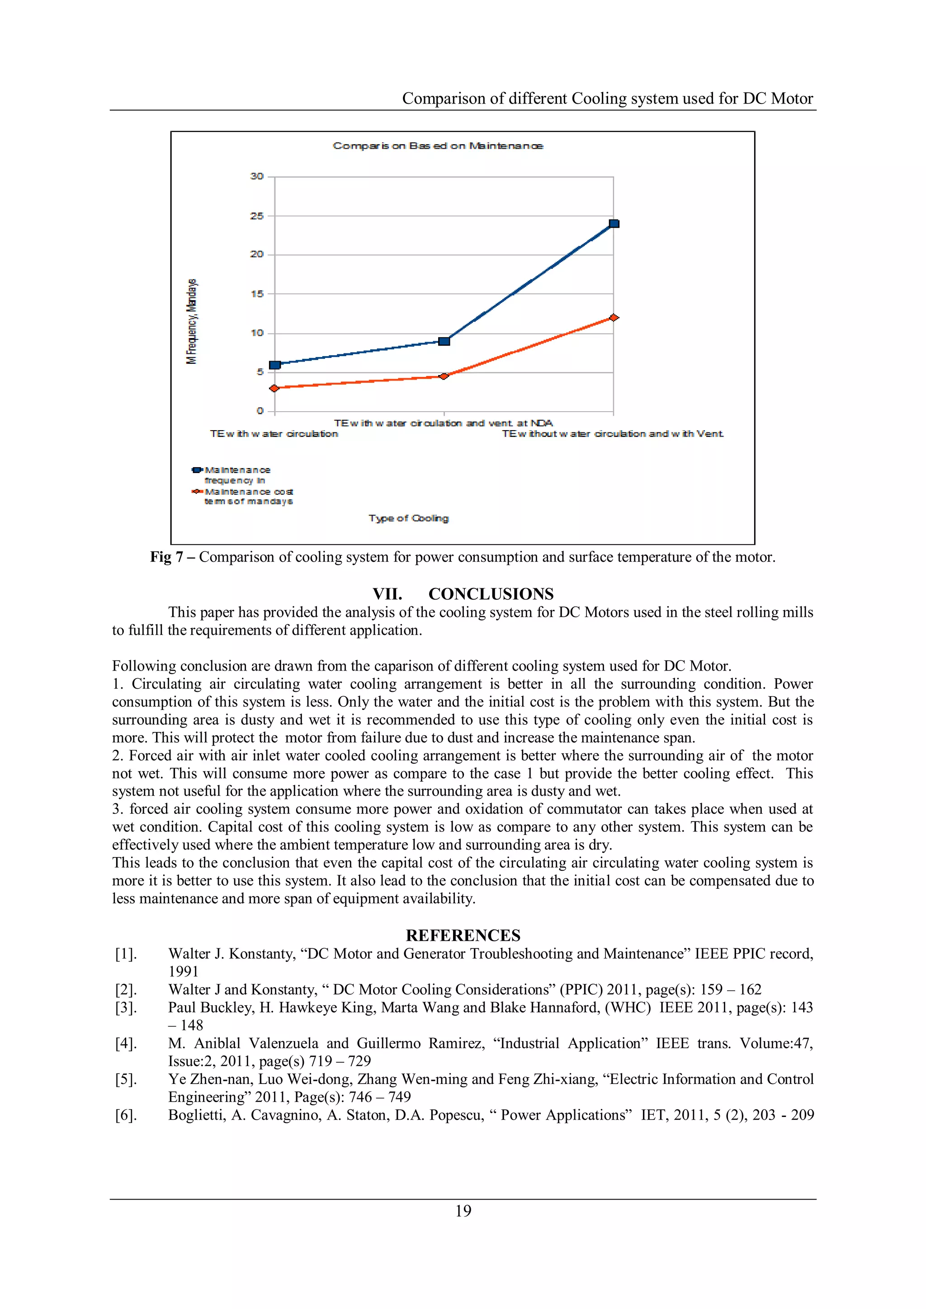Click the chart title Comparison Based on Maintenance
point(438,146)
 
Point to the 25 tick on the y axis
point(257,216)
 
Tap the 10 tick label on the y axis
point(257,333)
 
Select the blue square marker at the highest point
point(614,224)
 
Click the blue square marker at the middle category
point(444,341)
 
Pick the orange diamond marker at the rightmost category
point(614,318)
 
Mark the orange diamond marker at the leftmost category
point(274,388)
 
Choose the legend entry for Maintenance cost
point(248,496)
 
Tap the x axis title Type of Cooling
point(408,518)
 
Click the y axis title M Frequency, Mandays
point(192,321)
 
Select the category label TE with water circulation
point(274,434)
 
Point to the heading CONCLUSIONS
point(491,594)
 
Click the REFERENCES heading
point(463,936)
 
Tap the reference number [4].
point(126,1043)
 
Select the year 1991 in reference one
point(183,971)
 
